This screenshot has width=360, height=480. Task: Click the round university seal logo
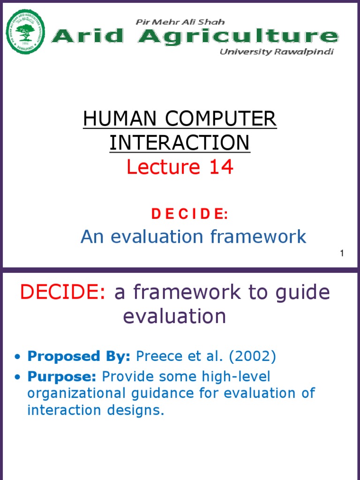pos(25,32)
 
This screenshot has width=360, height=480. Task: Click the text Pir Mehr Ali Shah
pos(180,22)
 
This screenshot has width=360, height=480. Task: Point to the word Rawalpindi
pos(306,52)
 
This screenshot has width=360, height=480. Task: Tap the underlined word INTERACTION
pos(180,143)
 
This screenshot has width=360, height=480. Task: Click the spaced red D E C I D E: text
pos(189,214)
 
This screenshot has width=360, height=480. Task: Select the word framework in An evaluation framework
pos(259,237)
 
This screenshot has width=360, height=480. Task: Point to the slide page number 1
pos(342,254)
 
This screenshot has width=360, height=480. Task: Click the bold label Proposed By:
pos(79,356)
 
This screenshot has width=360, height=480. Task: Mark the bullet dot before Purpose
pos(18,377)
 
